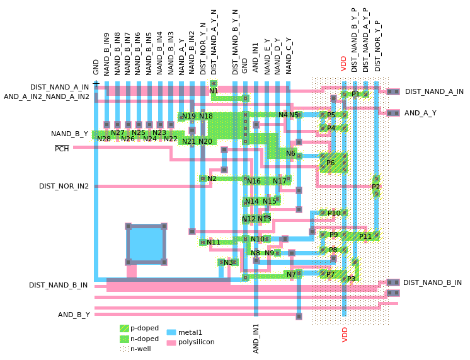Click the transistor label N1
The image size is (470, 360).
214,91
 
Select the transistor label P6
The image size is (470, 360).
331,163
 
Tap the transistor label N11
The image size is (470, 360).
214,242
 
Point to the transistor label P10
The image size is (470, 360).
334,214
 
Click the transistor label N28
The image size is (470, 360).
104,139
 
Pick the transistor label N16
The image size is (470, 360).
254,182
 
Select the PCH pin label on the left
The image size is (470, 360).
62,149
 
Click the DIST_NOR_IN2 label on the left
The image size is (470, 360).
64,186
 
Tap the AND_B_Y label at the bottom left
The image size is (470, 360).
74,314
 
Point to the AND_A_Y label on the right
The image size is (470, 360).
420,113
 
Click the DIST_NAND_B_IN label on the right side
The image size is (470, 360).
432,282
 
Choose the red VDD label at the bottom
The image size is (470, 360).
345,334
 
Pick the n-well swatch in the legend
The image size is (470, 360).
124,348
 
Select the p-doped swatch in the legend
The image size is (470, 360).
124,328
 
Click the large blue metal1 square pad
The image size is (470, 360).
146,244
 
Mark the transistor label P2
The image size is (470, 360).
376,187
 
